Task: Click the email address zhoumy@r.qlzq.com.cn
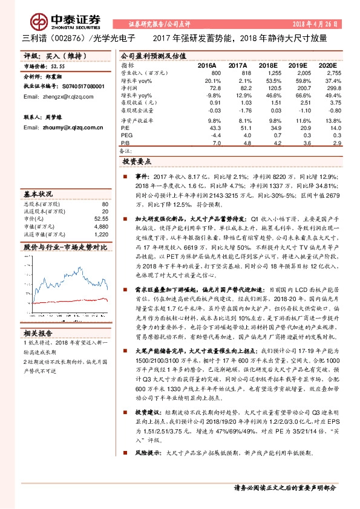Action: [x=53, y=128]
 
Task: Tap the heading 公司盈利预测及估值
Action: [x=151, y=55]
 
